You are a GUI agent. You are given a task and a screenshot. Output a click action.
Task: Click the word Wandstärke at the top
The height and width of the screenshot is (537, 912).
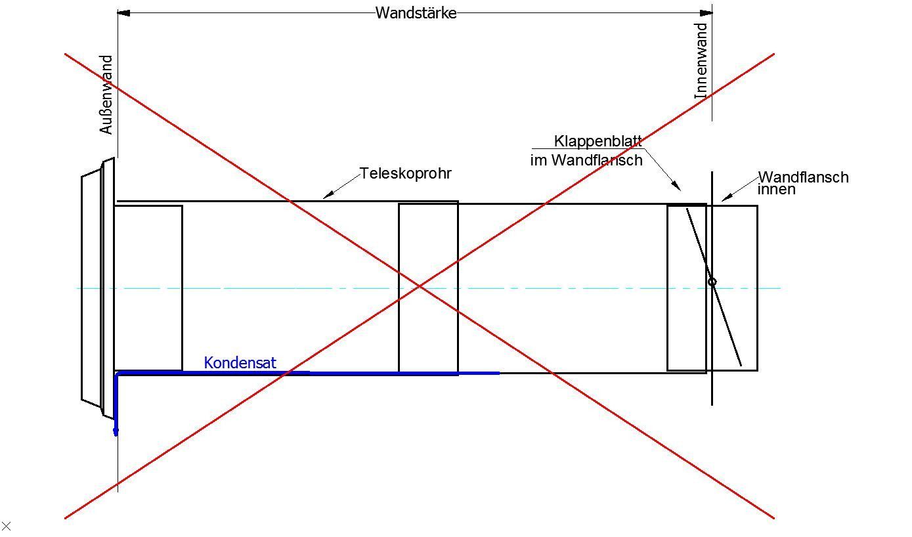coord(416,13)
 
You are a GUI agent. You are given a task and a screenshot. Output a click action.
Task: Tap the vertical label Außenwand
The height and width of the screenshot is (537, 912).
coord(106,95)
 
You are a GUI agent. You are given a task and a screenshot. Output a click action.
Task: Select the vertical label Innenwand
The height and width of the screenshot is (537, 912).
coord(701,61)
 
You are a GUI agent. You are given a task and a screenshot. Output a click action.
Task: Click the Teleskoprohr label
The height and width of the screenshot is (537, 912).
coord(406,174)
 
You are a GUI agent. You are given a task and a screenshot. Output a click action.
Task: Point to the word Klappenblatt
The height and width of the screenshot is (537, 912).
coord(597,141)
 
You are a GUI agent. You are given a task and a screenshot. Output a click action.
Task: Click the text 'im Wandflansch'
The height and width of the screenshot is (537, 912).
coord(586,160)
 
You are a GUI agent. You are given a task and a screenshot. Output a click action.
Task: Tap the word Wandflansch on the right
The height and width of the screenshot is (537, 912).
coord(803,177)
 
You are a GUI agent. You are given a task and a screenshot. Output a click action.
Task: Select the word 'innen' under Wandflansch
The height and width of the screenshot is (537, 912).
coord(776,190)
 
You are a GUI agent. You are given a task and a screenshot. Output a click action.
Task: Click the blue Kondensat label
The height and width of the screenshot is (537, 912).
coord(240,362)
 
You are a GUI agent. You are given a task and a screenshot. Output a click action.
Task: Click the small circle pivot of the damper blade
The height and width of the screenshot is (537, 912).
coord(712,282)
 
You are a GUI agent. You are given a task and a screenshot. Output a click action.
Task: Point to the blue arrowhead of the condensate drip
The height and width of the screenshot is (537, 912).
coord(116,431)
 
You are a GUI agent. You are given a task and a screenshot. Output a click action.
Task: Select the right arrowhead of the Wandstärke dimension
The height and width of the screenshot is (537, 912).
coord(706,12)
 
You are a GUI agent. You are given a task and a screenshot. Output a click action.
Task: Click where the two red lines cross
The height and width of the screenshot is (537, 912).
coord(420,286)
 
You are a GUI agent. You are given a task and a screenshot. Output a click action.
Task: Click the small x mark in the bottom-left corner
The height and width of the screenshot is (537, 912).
coord(7,526)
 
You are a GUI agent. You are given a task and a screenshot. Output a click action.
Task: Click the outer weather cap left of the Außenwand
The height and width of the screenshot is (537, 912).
coord(91,286)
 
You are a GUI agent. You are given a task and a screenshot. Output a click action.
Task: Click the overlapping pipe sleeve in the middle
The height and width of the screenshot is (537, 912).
coord(428,288)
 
